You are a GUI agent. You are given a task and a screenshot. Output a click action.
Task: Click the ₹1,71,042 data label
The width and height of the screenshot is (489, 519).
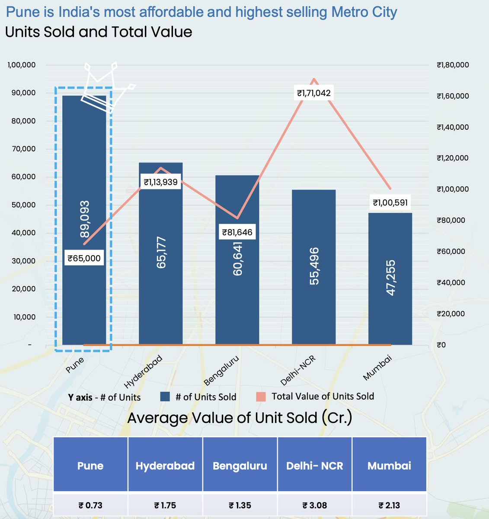click(314, 93)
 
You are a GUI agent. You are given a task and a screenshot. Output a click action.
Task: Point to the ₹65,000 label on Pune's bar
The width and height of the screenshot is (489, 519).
click(84, 259)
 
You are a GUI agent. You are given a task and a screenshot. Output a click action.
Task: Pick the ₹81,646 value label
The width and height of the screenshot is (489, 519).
click(237, 232)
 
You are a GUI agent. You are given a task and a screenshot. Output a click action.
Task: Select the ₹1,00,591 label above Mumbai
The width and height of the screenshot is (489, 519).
click(390, 202)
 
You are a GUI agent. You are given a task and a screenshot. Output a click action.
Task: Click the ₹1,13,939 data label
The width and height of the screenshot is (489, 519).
click(161, 182)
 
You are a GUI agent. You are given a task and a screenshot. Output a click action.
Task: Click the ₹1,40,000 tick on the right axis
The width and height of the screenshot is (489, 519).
click(452, 127)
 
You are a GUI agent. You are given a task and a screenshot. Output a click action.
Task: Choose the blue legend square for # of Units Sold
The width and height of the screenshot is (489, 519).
click(165, 397)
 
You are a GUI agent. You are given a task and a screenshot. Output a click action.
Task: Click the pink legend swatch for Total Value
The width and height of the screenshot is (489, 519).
click(261, 397)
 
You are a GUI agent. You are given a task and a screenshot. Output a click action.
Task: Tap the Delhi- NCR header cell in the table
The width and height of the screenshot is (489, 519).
click(315, 466)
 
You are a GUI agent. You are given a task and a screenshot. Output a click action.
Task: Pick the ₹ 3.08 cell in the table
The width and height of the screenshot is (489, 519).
click(315, 505)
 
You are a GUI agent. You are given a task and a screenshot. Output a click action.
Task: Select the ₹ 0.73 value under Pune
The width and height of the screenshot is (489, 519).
click(90, 505)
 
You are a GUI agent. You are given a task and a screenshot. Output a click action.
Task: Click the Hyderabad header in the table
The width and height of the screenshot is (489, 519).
click(165, 466)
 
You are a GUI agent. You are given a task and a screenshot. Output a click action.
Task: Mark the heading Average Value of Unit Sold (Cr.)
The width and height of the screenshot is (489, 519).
click(240, 418)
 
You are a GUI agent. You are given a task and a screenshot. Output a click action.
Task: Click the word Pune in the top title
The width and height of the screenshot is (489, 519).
click(24, 12)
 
